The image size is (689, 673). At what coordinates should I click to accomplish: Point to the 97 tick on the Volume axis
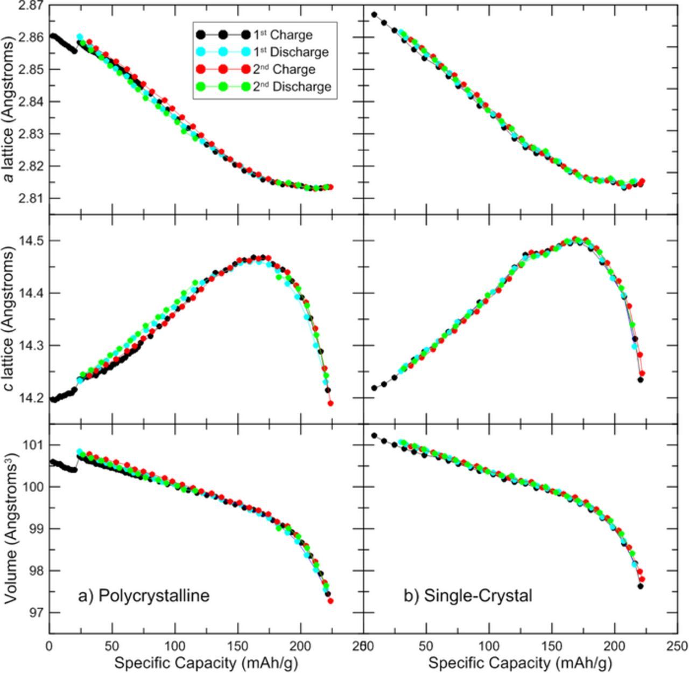click(x=37, y=613)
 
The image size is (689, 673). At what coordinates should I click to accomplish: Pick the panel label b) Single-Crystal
click(x=468, y=595)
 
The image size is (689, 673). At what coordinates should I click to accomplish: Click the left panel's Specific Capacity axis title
click(x=206, y=663)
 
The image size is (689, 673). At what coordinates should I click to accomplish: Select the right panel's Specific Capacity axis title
click(x=520, y=663)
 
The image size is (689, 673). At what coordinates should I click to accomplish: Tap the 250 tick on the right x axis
click(x=677, y=646)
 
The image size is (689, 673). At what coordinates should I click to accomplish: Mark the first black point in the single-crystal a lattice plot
click(x=374, y=15)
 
